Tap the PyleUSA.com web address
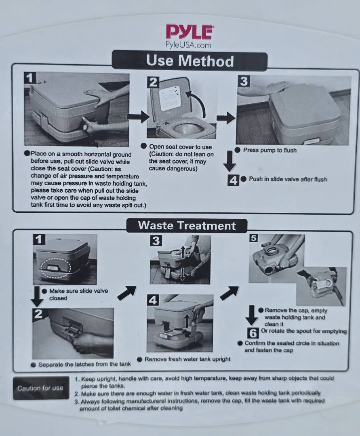(x=188, y=45)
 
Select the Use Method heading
(x=190, y=61)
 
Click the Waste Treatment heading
(x=187, y=226)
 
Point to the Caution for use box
(x=41, y=388)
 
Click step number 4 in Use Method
(x=233, y=180)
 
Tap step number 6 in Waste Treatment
(x=253, y=333)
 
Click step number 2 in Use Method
(x=153, y=83)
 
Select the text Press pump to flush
(x=270, y=150)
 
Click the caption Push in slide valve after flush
(x=288, y=179)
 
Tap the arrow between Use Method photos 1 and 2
(x=139, y=117)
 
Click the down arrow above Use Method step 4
(x=229, y=161)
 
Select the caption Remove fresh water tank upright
(x=187, y=359)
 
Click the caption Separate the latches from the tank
(x=84, y=364)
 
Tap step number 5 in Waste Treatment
(x=254, y=238)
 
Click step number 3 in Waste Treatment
(x=156, y=241)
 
